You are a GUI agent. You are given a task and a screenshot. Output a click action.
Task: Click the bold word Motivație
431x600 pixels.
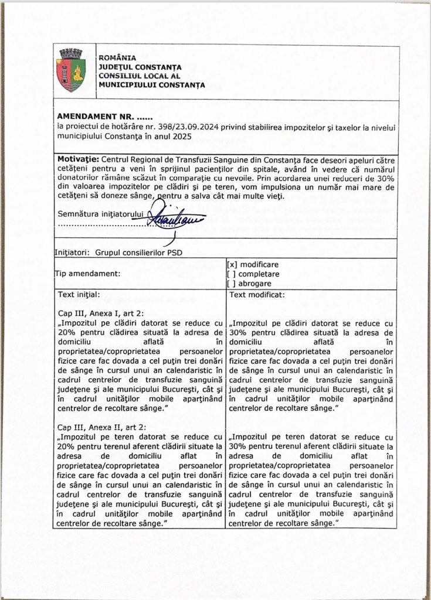79,159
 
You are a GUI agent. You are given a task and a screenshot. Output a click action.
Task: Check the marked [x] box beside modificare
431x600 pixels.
232,264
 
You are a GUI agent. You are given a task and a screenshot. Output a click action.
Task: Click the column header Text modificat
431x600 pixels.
258,294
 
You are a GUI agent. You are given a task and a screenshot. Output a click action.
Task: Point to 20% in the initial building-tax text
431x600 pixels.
68,333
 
